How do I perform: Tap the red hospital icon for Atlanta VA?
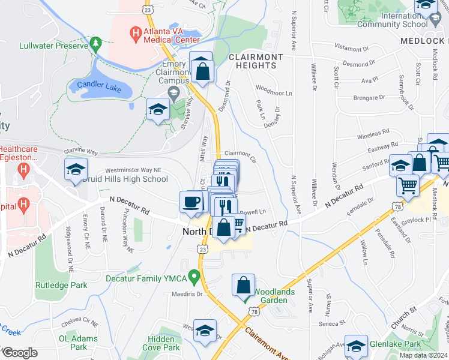[136, 32]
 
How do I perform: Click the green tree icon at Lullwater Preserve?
[95, 44]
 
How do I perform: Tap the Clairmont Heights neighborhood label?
[255, 61]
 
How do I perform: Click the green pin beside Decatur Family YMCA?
[193, 277]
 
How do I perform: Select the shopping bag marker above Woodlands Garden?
[244, 286]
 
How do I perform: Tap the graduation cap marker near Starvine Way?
[157, 109]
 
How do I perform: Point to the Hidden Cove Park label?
[163, 343]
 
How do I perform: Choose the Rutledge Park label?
[56, 285]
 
